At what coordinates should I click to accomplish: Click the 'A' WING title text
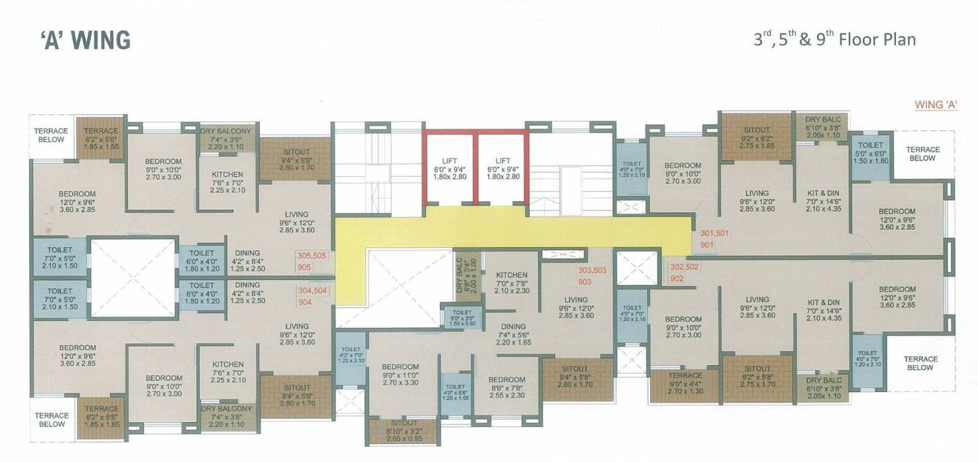pos(86,39)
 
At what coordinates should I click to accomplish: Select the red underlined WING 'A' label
pos(936,105)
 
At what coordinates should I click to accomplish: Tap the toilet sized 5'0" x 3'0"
pos(458,317)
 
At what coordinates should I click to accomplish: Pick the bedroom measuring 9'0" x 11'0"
pos(400,374)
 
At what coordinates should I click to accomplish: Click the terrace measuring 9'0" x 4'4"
pos(684,384)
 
